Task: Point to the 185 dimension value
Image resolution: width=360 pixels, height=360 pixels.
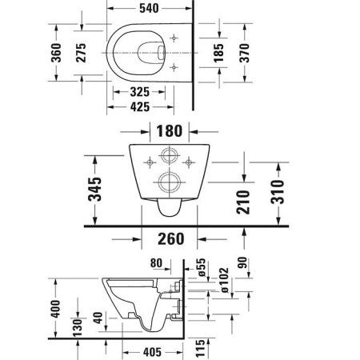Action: pyautogui.click(x=218, y=54)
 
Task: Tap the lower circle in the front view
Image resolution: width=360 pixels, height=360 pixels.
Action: pyautogui.click(x=169, y=182)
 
